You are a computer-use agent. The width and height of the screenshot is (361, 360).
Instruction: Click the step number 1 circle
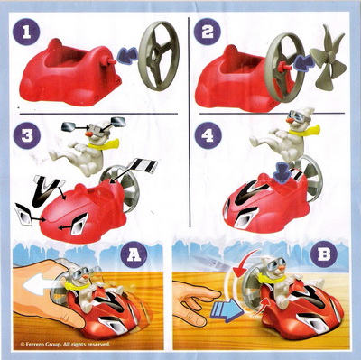click(27, 32)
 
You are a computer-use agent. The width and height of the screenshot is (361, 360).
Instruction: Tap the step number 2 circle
click(208, 32)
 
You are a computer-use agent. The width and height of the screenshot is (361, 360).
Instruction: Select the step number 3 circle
click(27, 135)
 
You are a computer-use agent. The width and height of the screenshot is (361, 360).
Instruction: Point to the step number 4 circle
click(208, 135)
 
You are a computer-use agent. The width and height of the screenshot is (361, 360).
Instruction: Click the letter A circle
click(134, 255)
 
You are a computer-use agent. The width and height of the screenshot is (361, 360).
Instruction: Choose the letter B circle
click(324, 255)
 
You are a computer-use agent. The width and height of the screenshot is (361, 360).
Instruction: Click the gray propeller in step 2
click(328, 57)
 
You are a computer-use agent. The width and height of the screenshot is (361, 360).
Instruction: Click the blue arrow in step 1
click(126, 56)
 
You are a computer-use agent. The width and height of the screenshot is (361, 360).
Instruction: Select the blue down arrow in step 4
click(282, 172)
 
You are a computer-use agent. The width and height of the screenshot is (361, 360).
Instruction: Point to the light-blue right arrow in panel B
click(227, 309)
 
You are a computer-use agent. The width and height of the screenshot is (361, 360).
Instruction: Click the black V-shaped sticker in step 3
click(49, 191)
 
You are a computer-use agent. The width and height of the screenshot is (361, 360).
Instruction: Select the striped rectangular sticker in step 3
click(143, 166)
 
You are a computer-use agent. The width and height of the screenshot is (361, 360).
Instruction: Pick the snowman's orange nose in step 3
click(89, 134)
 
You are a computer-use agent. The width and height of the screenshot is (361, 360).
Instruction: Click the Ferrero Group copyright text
click(65, 344)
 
